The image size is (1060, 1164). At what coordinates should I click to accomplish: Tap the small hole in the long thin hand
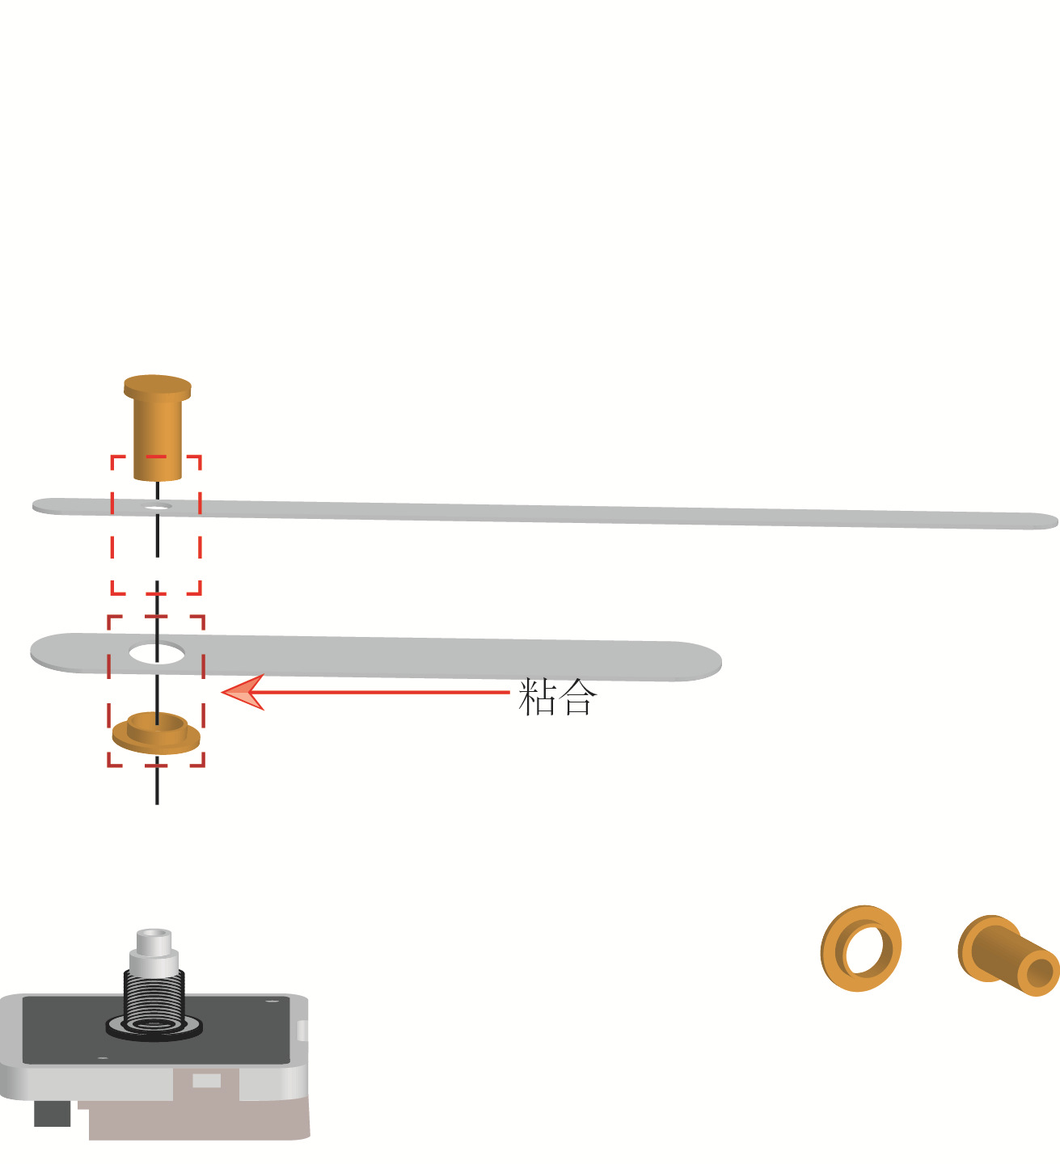pyautogui.click(x=158, y=507)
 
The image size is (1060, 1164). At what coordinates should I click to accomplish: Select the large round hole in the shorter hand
pyautogui.click(x=157, y=653)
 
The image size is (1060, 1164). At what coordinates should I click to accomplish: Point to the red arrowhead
pyautogui.click(x=243, y=693)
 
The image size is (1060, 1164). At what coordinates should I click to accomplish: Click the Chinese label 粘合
pyautogui.click(x=557, y=697)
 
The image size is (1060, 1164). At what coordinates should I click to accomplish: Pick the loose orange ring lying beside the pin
pyautogui.click(x=860, y=948)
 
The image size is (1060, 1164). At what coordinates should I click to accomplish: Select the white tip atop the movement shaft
pyautogui.click(x=154, y=939)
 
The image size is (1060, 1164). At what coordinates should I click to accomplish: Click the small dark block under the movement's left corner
pyautogui.click(x=52, y=1113)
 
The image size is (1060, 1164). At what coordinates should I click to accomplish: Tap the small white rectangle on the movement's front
pyautogui.click(x=206, y=1081)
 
